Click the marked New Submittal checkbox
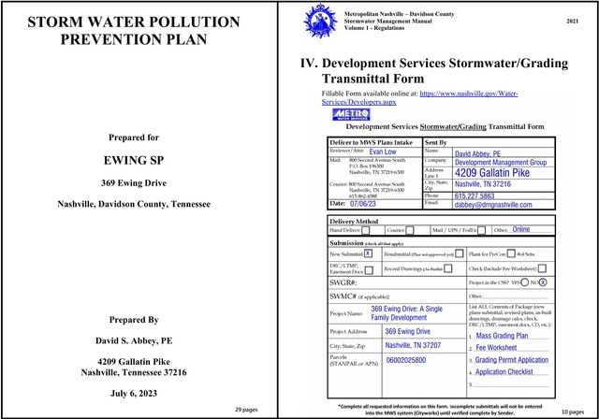pos(368,253)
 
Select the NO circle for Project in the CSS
pos(543,282)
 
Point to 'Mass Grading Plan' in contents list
pos(505,334)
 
